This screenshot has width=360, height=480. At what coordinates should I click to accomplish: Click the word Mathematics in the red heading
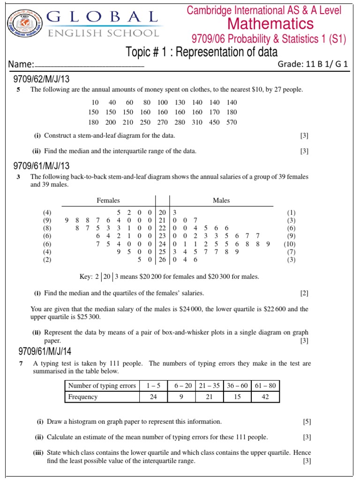pyautogui.click(x=270, y=23)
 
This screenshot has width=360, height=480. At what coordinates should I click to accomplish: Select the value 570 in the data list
pyautogui.click(x=231, y=122)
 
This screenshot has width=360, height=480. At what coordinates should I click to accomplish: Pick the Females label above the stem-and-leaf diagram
pyautogui.click(x=108, y=200)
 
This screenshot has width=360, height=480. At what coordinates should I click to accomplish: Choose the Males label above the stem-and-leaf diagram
pyautogui.click(x=221, y=200)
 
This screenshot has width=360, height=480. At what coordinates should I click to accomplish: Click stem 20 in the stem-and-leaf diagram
pyautogui.click(x=162, y=212)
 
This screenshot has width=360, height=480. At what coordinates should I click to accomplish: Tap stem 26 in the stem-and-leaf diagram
pyautogui.click(x=162, y=259)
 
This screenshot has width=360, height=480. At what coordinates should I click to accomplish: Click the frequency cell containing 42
pyautogui.click(x=266, y=397)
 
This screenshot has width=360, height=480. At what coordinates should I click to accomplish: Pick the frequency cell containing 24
pyautogui.click(x=153, y=397)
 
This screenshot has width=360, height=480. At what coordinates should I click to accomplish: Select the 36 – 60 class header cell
pyautogui.click(x=238, y=386)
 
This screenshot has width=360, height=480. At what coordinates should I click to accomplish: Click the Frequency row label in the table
pyautogui.click(x=83, y=397)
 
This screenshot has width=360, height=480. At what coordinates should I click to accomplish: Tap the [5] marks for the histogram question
pyautogui.click(x=307, y=422)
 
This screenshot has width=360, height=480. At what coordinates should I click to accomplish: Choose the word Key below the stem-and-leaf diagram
pyautogui.click(x=86, y=277)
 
